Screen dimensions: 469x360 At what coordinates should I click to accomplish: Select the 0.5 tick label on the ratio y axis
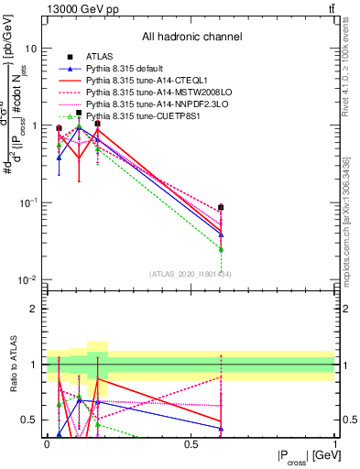[x=31, y=420]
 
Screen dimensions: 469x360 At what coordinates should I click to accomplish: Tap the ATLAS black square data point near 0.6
[x=221, y=208]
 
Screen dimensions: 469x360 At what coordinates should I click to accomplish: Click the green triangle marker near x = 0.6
[x=221, y=249]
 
